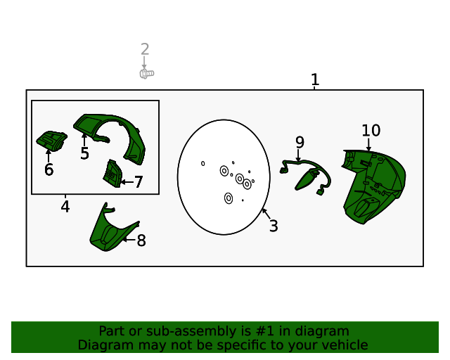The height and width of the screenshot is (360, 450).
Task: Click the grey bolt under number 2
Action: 147,74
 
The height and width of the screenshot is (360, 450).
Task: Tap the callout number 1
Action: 315,79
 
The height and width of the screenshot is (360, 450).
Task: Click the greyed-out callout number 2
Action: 145,49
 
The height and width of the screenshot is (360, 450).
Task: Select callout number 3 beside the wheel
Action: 274,226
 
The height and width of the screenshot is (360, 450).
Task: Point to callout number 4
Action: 65,207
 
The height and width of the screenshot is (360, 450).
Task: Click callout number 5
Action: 84,153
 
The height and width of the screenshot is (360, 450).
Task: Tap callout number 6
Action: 49,169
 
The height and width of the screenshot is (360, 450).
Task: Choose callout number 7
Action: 139,182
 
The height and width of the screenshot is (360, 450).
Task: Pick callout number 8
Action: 141,240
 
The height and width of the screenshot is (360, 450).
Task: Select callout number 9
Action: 300,142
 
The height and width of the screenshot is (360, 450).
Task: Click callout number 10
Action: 371,131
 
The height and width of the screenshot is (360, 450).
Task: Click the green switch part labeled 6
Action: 51,141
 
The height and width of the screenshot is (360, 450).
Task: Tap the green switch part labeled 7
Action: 112,174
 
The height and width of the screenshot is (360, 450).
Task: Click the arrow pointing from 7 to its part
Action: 127,182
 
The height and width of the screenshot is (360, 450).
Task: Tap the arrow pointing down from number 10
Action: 368,145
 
